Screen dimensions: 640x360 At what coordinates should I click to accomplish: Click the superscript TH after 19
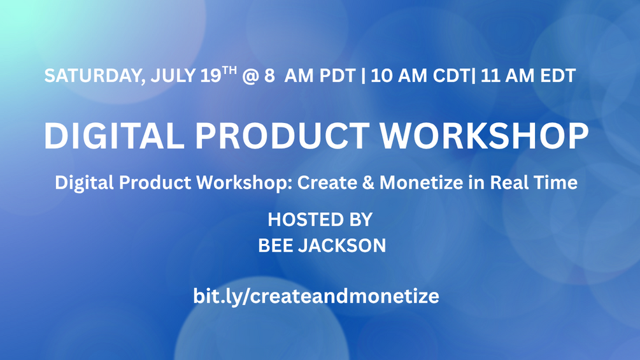[229, 70]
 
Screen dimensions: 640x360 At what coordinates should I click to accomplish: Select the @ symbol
[250, 76]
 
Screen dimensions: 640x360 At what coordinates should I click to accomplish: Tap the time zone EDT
[558, 76]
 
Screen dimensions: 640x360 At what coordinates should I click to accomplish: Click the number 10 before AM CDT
[381, 76]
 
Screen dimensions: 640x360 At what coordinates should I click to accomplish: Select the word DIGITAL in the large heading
[114, 136]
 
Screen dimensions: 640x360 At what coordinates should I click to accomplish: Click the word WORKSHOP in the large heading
[485, 136]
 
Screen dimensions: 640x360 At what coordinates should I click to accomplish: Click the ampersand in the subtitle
[368, 182]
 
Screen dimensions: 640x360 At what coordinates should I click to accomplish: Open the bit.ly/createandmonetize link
[316, 296]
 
